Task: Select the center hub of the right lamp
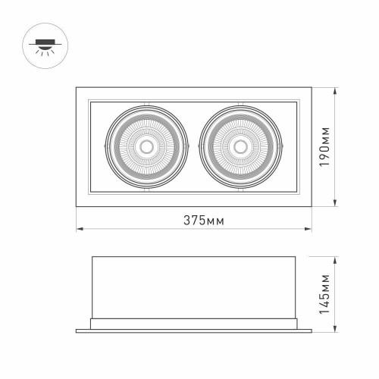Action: [240, 146]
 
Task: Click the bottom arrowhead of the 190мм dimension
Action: [336, 202]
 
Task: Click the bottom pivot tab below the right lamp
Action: [240, 189]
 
